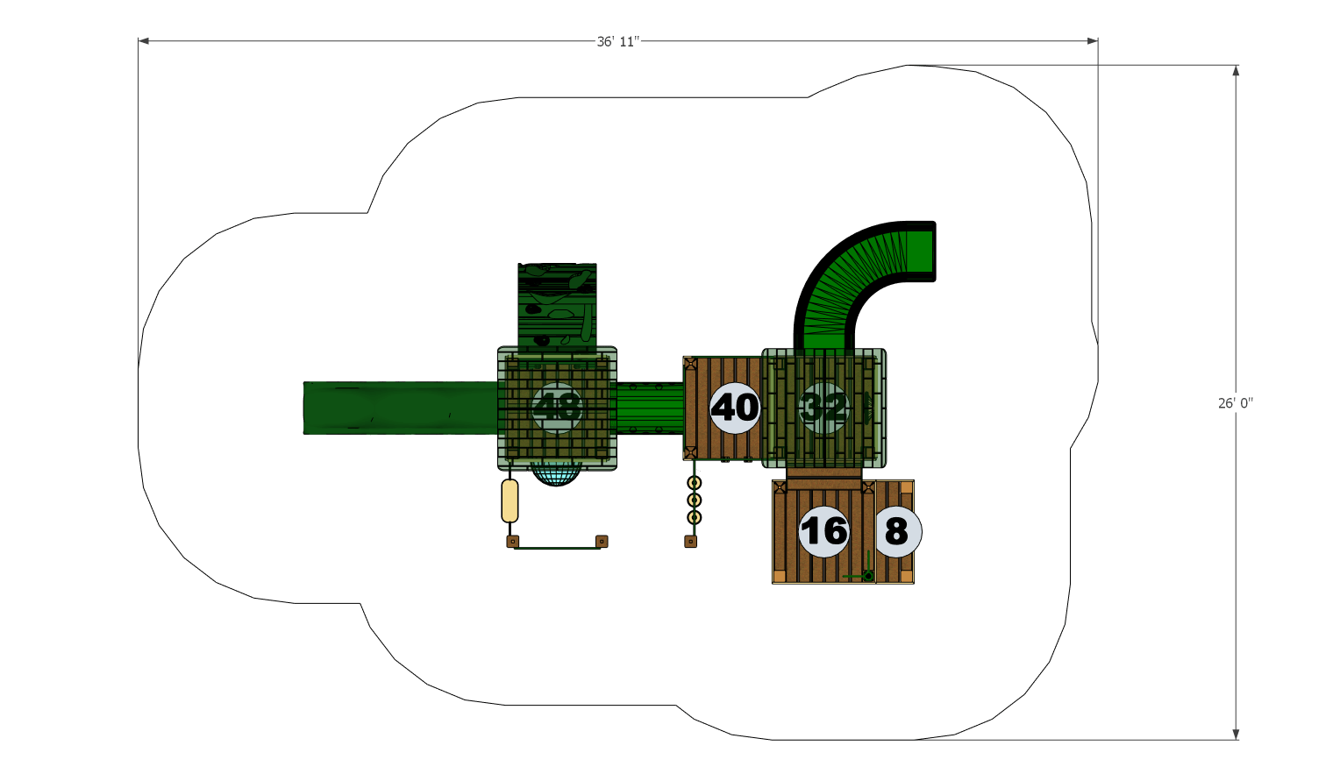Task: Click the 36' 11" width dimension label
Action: [x=618, y=41]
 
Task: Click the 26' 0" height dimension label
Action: [x=1235, y=403]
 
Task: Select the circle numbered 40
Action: [x=735, y=408]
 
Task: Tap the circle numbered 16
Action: [x=823, y=531]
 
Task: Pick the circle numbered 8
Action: [x=896, y=531]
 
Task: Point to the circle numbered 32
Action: [x=823, y=408]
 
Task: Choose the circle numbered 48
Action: [x=556, y=408]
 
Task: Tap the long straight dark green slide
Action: [x=399, y=408]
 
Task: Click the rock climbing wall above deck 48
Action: [x=557, y=307]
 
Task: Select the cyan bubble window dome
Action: [x=556, y=474]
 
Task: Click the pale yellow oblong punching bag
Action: [x=510, y=501]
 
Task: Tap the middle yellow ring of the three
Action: [x=694, y=500]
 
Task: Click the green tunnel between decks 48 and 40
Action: [x=649, y=408]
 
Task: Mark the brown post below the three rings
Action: [x=690, y=542]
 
